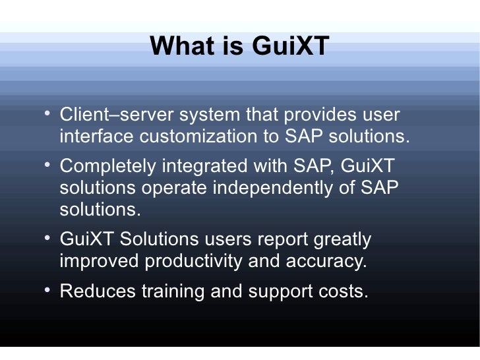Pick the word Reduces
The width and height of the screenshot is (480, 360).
(98, 292)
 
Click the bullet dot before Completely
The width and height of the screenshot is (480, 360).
(47, 165)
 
